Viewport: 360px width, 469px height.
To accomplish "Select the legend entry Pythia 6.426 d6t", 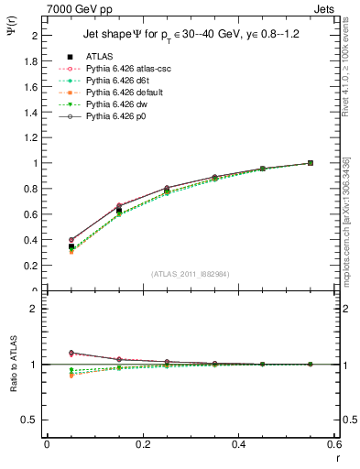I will click(x=115, y=81).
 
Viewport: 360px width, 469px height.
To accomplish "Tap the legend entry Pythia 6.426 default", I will click(x=121, y=93).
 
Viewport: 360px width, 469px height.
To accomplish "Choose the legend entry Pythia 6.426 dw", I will click(x=114, y=104).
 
